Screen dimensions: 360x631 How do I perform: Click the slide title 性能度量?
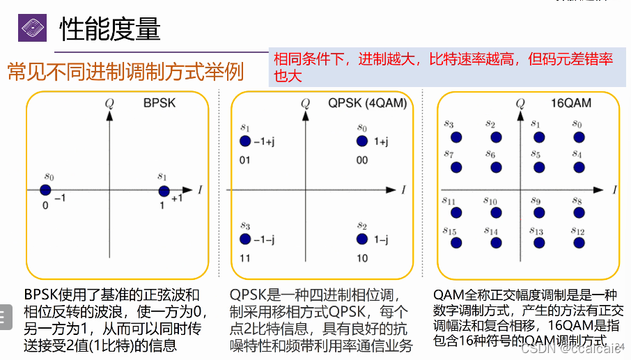pos(110,29)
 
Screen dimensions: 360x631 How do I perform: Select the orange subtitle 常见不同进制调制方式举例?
pos(125,71)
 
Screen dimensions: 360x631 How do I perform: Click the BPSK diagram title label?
pos(159,104)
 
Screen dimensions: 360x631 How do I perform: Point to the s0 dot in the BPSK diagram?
pos(45,190)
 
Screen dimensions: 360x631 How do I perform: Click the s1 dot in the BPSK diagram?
pos(164,191)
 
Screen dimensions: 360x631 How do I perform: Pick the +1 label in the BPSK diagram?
pos(178,198)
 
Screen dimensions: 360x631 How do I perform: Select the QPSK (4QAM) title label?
pos(367,104)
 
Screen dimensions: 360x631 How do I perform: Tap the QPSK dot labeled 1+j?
pos(361,141)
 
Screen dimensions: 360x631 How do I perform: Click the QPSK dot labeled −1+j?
pos(244,141)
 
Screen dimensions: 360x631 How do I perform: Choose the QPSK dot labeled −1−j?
pos(244,239)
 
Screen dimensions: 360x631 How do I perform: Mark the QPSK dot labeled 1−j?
pos(361,239)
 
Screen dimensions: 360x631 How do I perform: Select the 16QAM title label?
pos(570,104)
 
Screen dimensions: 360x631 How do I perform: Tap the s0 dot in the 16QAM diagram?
pos(578,137)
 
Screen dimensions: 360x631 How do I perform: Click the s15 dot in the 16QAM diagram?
pos(456,243)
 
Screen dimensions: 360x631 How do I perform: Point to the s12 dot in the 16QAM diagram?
pos(578,243)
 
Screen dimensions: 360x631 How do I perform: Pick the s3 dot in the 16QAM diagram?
pos(456,137)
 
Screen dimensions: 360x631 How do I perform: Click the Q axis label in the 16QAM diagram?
pos(520,104)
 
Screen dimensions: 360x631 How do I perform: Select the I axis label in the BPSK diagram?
pos(200,189)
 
